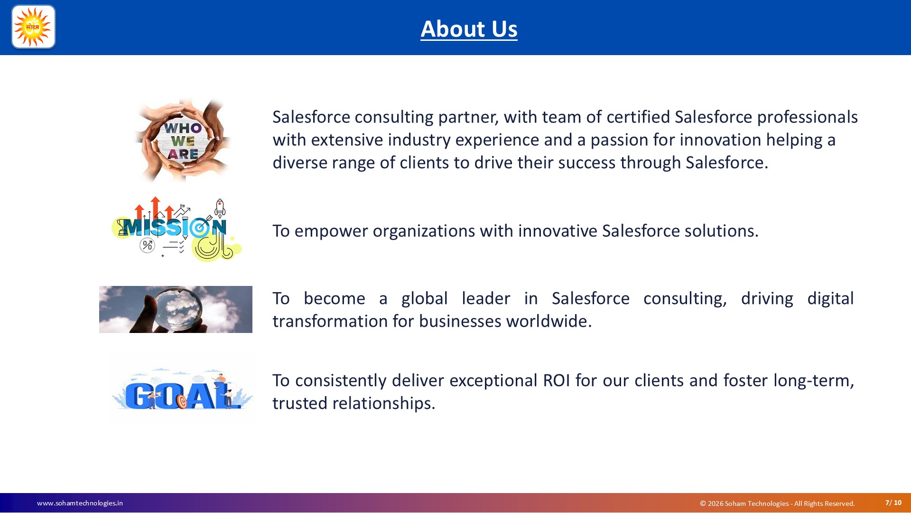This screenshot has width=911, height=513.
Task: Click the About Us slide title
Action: pos(469,29)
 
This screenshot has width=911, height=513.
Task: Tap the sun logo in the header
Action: pos(33,27)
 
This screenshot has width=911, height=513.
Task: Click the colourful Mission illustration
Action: pos(177,229)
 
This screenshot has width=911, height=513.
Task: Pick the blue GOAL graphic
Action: pos(182,389)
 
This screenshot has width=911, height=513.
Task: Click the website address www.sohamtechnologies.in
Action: pos(80,503)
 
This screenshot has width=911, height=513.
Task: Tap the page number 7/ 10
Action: pos(893,503)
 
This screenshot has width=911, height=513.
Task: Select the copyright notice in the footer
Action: pos(777,503)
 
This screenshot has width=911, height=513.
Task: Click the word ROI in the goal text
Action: pos(557,380)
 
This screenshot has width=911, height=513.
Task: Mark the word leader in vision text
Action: pos(486,298)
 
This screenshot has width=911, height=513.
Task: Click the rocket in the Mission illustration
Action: pos(220,209)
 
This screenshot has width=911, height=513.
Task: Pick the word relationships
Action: pos(383,404)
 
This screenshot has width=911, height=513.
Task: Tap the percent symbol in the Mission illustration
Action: pos(147,245)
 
